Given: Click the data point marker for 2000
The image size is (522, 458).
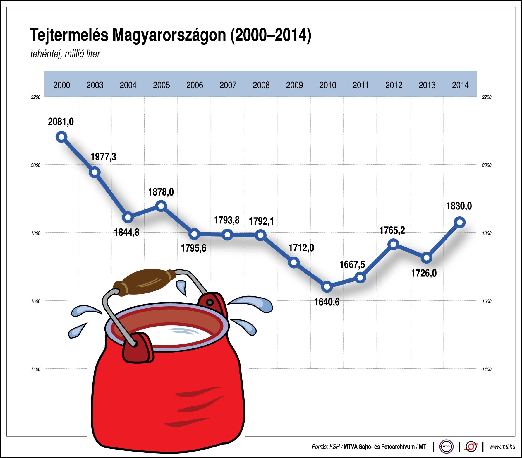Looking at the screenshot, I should click(61, 137).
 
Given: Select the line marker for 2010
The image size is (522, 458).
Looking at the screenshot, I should click(327, 287).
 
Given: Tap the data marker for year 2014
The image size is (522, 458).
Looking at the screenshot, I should click(460, 222).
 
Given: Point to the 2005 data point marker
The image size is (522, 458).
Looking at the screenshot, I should click(161, 206).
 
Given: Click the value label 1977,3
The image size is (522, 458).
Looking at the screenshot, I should click(103, 157).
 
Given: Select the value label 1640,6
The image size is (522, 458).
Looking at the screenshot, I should click(327, 302).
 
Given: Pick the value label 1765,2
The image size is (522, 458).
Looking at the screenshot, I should click(392, 230).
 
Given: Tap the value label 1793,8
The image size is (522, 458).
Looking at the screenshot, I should click(227, 220).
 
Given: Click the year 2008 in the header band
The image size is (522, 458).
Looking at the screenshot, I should click(261, 85).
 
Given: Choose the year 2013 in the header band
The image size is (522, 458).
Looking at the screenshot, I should click(427, 85).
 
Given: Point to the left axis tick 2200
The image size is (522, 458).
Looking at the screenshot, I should click(35, 97).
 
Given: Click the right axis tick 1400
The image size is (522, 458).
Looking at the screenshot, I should click(487, 370).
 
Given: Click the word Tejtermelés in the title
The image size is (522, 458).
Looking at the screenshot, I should click(69, 35).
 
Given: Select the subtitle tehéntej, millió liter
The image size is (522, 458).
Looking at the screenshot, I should click(65, 54).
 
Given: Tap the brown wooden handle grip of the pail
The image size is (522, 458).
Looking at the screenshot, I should click(145, 281).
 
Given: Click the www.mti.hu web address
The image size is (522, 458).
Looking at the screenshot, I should click(502, 447).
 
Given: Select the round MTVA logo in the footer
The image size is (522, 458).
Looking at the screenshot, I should click(446, 447).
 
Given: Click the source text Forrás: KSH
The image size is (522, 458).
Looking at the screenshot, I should click(326, 447).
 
